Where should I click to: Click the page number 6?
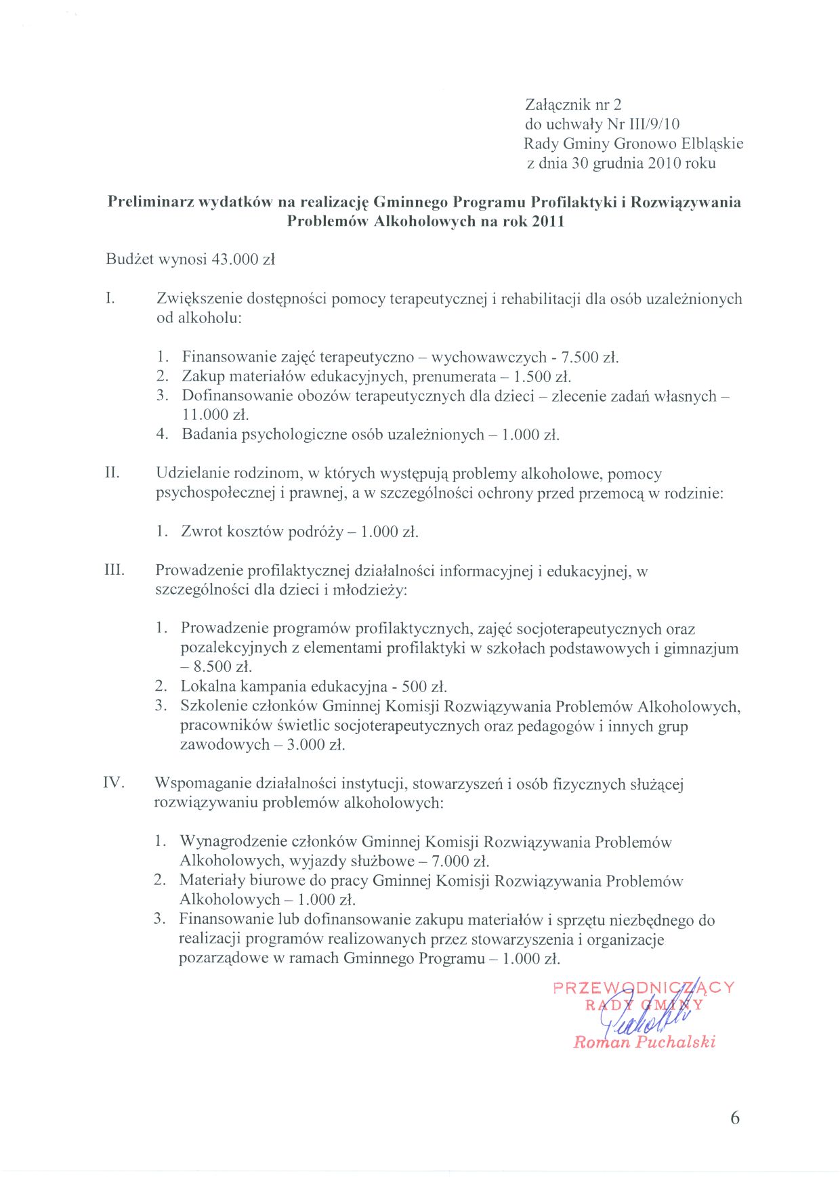pyautogui.click(x=735, y=1118)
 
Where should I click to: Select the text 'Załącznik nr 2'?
pyautogui.click(x=573, y=104)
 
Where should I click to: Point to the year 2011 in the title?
pyautogui.click(x=548, y=221)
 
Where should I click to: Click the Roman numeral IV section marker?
pyautogui.click(x=114, y=784)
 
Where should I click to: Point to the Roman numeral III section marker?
pyautogui.click(x=114, y=570)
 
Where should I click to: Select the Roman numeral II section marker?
pyautogui.click(x=112, y=473)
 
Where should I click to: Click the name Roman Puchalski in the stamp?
pyautogui.click(x=644, y=1042)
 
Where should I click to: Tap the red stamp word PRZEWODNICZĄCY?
pyautogui.click(x=644, y=987)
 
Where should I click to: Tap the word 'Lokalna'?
pyautogui.click(x=208, y=687)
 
